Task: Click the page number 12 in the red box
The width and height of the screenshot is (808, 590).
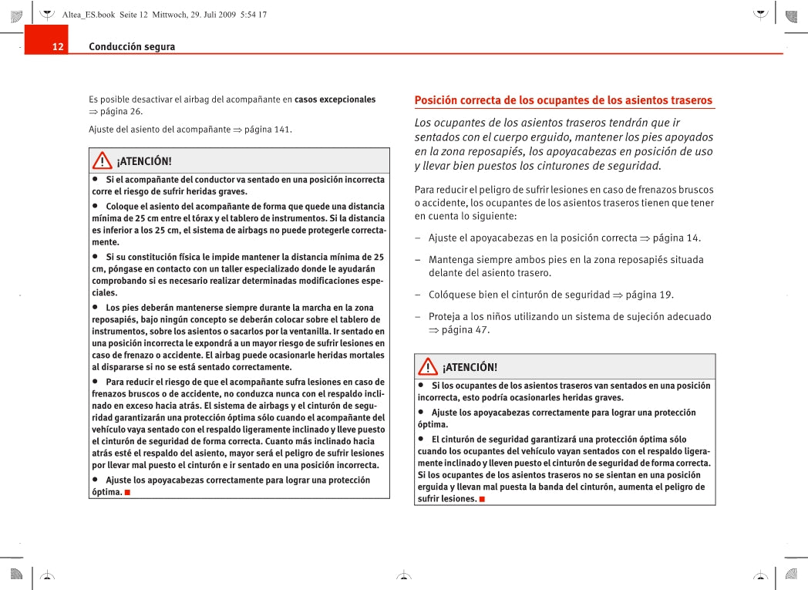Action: [58, 47]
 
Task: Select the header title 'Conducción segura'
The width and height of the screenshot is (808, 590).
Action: [132, 47]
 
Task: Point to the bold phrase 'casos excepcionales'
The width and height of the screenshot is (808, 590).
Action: [335, 99]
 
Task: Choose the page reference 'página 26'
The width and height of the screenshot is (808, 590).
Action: [121, 112]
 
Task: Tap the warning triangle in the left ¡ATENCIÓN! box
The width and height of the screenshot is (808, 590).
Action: [102, 161]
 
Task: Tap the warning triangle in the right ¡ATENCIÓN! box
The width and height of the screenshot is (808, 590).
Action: [428, 367]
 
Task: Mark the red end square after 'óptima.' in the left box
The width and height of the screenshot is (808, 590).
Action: [126, 492]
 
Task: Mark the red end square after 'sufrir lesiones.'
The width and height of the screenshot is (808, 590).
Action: [481, 499]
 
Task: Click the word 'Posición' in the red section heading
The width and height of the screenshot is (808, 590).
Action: [436, 100]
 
